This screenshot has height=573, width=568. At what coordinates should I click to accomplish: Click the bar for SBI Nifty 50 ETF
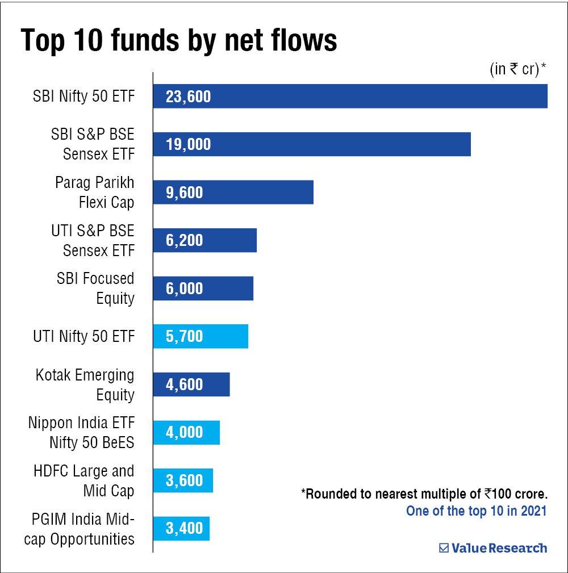[x=350, y=96]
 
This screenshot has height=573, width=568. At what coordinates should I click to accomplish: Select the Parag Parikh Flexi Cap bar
[x=233, y=192]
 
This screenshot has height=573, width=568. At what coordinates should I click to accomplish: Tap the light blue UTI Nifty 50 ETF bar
[x=201, y=336]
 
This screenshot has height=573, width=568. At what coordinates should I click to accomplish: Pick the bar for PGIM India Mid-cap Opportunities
[x=181, y=529]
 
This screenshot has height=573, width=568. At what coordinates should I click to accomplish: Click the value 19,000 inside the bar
[x=188, y=144]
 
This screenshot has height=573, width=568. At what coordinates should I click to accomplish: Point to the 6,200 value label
[x=184, y=240]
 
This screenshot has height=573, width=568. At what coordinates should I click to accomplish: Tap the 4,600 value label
[x=184, y=384]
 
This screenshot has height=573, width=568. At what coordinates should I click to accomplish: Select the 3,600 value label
[x=184, y=480]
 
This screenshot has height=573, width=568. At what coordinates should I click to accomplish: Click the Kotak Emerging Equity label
[x=85, y=384]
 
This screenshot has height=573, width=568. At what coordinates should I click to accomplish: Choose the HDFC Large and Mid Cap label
[x=84, y=480]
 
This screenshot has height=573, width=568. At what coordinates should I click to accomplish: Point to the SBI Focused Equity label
[x=95, y=288]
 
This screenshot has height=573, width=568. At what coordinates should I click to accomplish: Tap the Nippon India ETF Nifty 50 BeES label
[x=81, y=432]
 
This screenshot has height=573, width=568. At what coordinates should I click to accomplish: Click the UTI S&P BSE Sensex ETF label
[x=93, y=240]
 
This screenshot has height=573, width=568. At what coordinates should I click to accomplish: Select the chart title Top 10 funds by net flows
[x=179, y=41]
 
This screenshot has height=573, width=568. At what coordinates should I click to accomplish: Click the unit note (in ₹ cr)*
[x=517, y=69]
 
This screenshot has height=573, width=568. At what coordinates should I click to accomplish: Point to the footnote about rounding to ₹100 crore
[x=424, y=493]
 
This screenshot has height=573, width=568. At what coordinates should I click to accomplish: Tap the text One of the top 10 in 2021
[x=476, y=511]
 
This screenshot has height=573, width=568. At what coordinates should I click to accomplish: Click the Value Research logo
[x=493, y=548]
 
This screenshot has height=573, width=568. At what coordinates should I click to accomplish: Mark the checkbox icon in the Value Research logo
[x=444, y=548]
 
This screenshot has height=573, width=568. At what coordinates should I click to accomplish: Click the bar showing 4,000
[x=186, y=433]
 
